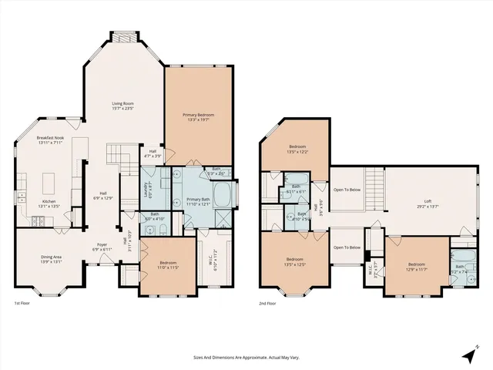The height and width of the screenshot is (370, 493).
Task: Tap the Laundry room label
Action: pos(147,185)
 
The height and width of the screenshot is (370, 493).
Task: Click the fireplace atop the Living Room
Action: pos(124,37)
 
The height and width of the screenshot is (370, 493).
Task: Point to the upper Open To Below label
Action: pos(347,190)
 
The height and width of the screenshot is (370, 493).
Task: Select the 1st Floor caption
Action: pos(23,304)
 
